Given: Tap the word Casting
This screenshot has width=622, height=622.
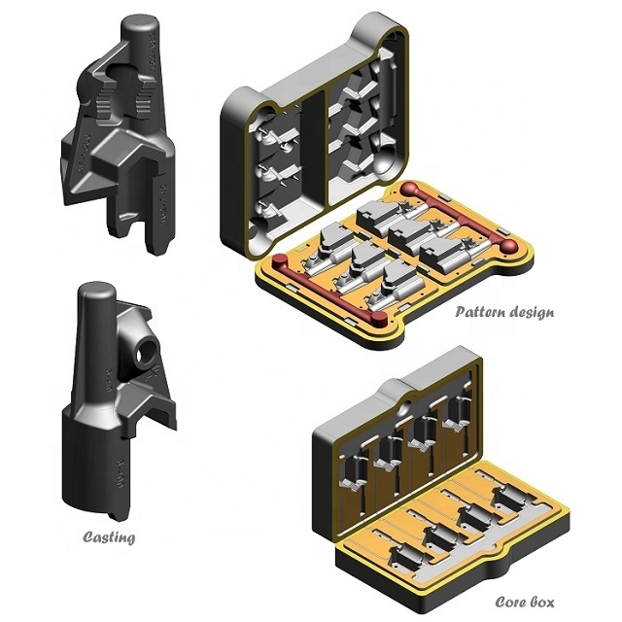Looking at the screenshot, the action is [109, 537].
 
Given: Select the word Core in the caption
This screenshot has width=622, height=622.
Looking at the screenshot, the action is [509, 602].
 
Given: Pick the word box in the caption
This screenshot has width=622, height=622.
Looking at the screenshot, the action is [541, 602].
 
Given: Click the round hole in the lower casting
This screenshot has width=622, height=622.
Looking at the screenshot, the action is [144, 353].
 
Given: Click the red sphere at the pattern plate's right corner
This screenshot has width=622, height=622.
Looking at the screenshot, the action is [508, 247].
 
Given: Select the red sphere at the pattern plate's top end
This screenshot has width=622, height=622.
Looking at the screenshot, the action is [408, 188].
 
